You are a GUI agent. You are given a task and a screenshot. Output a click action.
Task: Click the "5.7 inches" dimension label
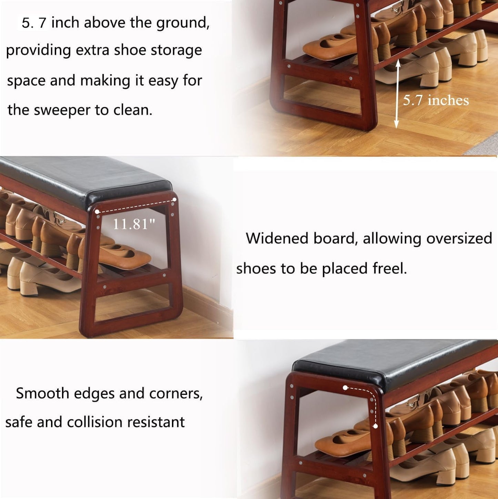coord(436,100)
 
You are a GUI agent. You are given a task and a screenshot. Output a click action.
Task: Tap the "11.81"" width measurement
coord(134,224)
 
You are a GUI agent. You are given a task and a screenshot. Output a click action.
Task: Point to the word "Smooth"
coord(42,393)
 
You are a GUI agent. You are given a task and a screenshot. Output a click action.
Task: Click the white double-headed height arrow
coord(397,94)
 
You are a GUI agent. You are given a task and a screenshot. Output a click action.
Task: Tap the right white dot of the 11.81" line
coord(174,200)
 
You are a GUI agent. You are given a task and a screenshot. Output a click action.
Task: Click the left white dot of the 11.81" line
coord(97,212)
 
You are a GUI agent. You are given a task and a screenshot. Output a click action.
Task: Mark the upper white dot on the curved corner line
coord(345,388)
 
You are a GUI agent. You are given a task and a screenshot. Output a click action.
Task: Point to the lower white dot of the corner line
coord(375,426)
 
